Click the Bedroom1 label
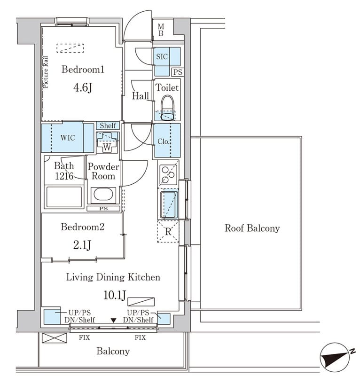tap(83, 70)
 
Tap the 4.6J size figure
tap(83, 87)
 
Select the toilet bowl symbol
tap(167, 108)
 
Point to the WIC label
tap(68, 138)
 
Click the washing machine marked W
tap(107, 142)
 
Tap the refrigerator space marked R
tap(168, 232)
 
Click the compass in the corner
tap(335, 357)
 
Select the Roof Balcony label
tap(252, 228)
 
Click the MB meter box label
tap(161, 30)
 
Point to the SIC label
tap(162, 56)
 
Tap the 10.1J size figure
tap(115, 295)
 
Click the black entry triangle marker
tap(113, 321)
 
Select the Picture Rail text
tap(45, 72)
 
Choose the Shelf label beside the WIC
tap(108, 125)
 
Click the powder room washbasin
tap(103, 194)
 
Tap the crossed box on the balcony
tap(55, 338)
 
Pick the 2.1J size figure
tap(82, 245)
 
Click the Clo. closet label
tap(164, 141)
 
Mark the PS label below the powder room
tap(103, 209)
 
